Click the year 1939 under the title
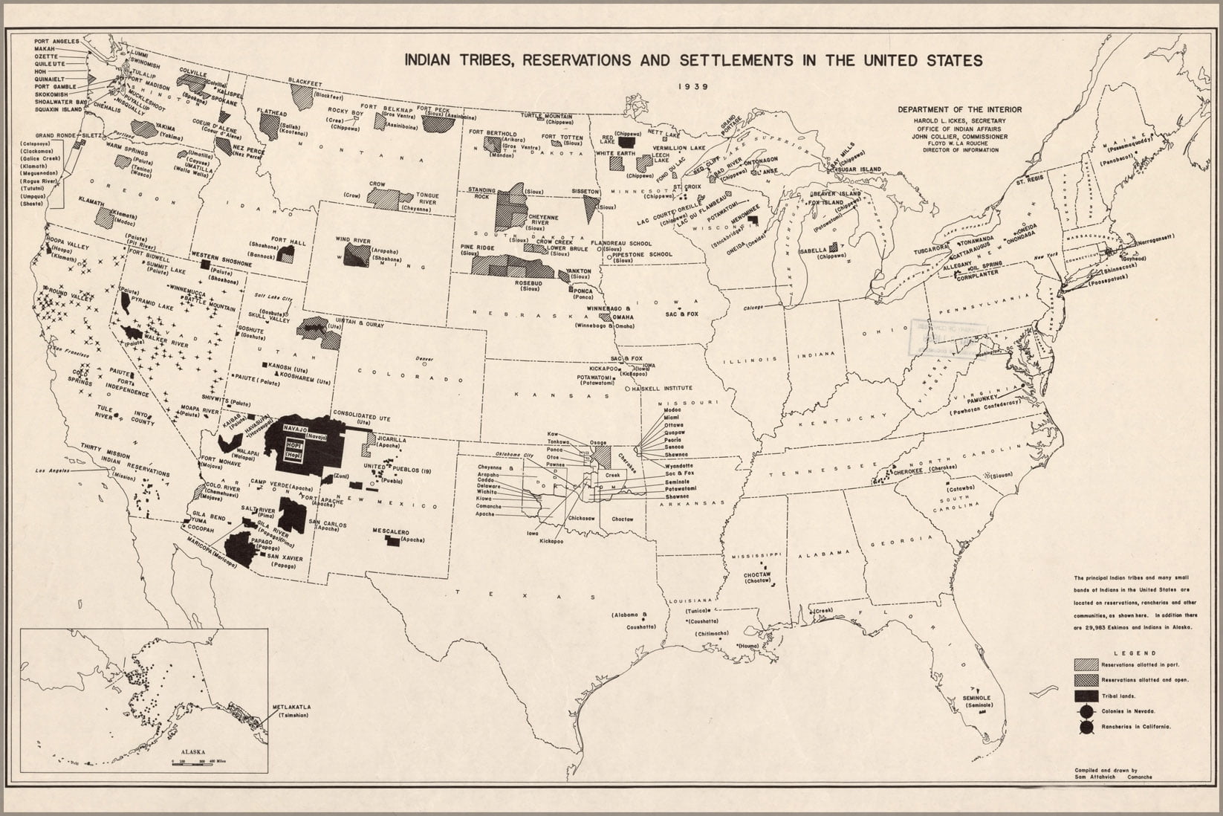[x=692, y=85]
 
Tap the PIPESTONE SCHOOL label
[x=645, y=254]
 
